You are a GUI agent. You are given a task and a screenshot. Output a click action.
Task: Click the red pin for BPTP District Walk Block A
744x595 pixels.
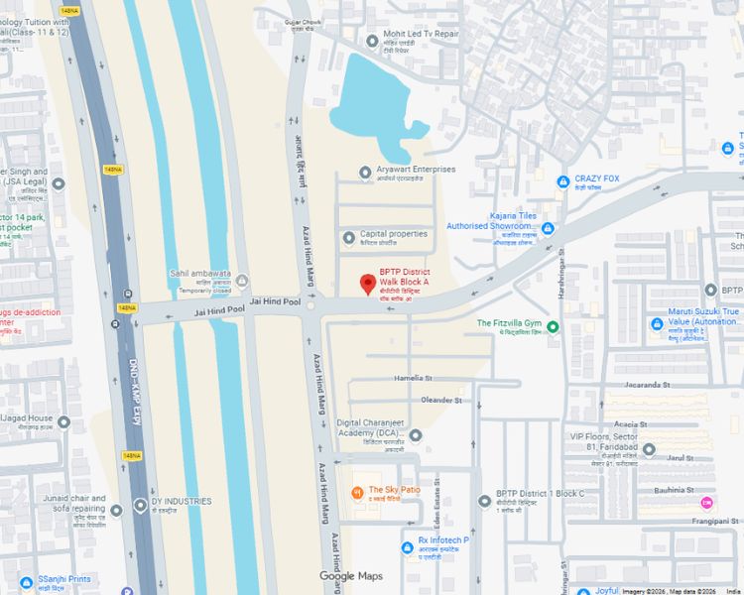click(368, 284)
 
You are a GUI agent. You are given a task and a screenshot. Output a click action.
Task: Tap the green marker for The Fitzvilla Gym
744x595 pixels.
click(554, 326)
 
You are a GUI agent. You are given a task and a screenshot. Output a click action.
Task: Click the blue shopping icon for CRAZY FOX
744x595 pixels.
click(562, 181)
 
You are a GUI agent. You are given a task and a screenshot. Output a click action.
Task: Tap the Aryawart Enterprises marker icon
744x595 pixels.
click(365, 172)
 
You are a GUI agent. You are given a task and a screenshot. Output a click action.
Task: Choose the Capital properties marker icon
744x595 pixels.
click(348, 237)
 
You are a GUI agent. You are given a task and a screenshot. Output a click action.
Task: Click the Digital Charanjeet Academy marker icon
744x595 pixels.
click(415, 434)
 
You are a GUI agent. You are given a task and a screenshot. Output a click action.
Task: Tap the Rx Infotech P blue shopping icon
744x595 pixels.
click(407, 546)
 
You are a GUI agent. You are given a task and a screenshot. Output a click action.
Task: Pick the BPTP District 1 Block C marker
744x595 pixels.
click(484, 501)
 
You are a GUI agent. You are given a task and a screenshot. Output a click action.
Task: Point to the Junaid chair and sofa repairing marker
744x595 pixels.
click(116, 509)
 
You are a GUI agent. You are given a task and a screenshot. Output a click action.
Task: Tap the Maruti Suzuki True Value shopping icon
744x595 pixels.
click(656, 323)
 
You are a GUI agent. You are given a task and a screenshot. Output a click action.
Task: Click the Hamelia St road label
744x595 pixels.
click(414, 378)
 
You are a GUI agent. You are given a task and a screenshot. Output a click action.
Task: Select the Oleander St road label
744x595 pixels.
click(441, 400)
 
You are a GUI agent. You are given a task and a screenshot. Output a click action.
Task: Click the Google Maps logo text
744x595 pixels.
click(350, 576)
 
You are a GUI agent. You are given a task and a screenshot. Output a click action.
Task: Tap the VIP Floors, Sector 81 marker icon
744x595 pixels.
click(649, 449)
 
